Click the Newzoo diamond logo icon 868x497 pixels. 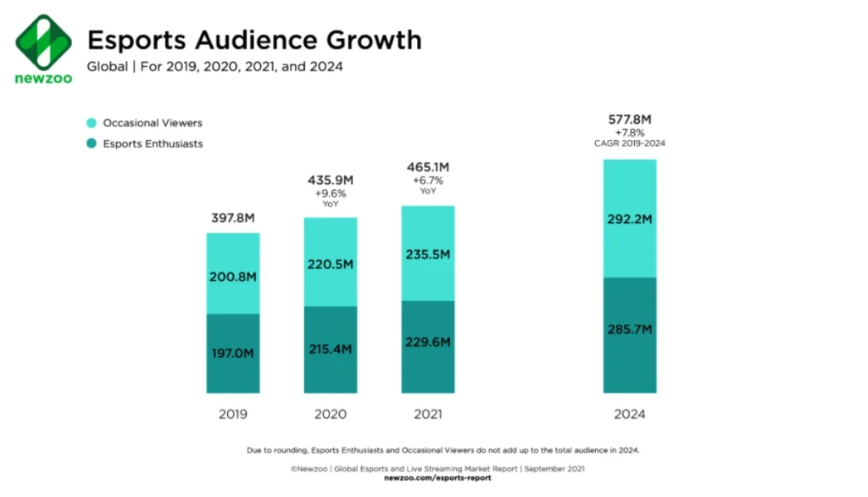click(x=44, y=42)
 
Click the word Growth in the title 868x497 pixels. click(x=374, y=41)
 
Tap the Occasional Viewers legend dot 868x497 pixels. click(x=92, y=123)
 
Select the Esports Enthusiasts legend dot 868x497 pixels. click(x=92, y=143)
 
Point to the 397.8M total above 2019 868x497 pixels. click(x=233, y=218)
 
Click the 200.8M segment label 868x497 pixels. click(x=233, y=276)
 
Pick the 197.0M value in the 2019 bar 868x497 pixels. click(x=232, y=353)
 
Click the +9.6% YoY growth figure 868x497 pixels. click(x=331, y=193)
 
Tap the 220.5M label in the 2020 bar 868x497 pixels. click(x=331, y=265)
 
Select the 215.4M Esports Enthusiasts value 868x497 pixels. click(x=331, y=349)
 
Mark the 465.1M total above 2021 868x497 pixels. click(x=428, y=167)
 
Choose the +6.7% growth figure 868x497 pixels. click(x=428, y=181)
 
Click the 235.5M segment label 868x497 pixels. click(x=428, y=254)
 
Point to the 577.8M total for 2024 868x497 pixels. click(x=630, y=119)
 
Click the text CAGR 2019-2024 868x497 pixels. click(x=630, y=143)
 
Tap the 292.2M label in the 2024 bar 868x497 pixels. click(x=630, y=219)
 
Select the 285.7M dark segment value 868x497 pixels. click(x=630, y=329)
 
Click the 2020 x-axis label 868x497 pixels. click(x=331, y=414)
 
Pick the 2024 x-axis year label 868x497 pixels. click(x=630, y=414)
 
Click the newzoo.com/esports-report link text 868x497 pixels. click(x=437, y=477)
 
